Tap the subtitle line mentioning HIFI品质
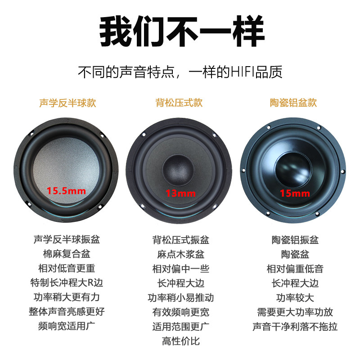180,72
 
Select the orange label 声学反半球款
67,103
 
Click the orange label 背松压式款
179,103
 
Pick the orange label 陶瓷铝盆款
293,103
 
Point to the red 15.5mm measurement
67,191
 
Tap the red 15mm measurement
295,194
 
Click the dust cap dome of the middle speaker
179,169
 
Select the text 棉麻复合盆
67,254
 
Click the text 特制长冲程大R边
67,283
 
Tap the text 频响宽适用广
67,326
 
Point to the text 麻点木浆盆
180,254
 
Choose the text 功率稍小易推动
180,297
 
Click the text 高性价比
180,341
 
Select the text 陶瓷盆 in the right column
295,254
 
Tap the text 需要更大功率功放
295,312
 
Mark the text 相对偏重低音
295,269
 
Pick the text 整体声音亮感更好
67,311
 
